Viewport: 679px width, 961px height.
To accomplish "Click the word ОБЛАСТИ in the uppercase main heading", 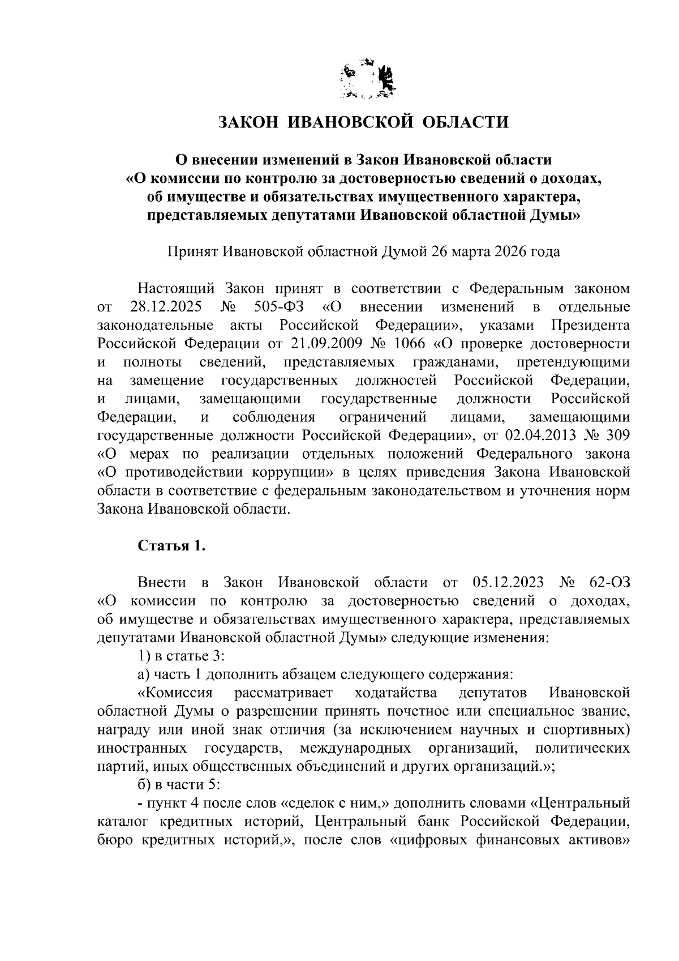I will [465, 122].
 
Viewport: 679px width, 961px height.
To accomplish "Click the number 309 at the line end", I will [616, 435].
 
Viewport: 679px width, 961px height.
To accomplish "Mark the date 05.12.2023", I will [507, 582].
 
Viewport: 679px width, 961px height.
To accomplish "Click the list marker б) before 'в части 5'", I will [146, 784].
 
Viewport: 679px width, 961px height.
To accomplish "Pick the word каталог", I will [123, 821].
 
